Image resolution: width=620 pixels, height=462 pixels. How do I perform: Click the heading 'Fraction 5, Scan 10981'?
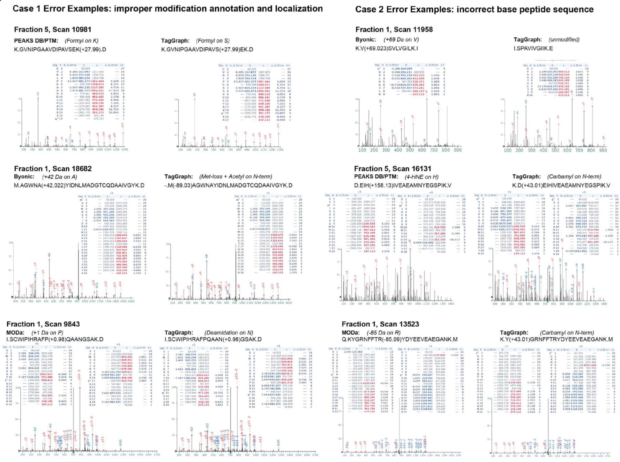pos(53,30)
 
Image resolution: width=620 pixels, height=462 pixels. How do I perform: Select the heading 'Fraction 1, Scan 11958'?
pos(394,30)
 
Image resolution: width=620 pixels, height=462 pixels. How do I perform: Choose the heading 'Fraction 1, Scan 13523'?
pos(380,324)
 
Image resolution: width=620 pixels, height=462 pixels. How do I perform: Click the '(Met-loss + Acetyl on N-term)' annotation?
pos(236,177)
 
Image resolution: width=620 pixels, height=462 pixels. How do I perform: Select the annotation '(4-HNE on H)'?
pos(421,177)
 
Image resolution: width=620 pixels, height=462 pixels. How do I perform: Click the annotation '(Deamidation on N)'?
pos(229,332)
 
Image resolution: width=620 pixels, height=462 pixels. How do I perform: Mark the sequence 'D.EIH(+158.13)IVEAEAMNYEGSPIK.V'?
pos(403,185)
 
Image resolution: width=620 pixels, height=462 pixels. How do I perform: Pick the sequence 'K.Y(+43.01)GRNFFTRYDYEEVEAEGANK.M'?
pos(556,339)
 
